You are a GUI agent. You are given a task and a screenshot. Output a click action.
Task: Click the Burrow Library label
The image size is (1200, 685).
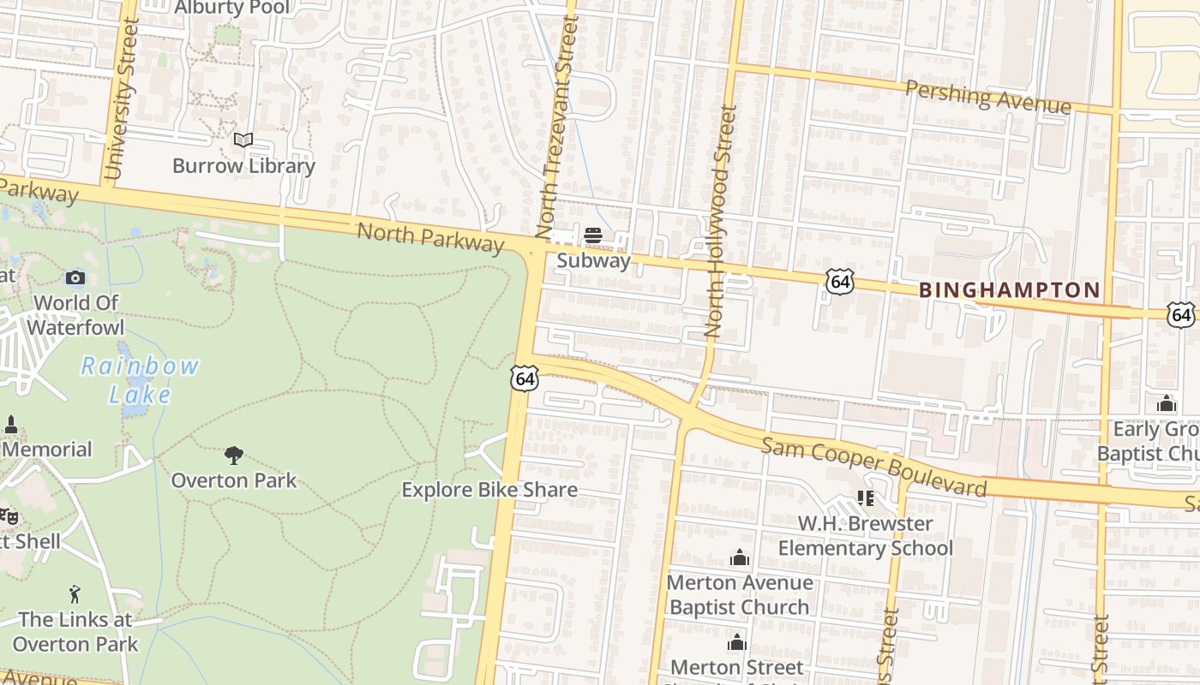click(x=243, y=166)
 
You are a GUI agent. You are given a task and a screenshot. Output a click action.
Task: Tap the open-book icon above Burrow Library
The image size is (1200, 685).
click(x=243, y=140)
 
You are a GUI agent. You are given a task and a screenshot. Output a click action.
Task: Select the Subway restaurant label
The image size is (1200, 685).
click(x=593, y=261)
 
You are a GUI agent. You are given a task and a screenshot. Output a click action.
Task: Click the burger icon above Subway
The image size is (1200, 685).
click(x=593, y=235)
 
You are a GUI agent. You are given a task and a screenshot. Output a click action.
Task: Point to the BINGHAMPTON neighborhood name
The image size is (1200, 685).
click(x=1009, y=290)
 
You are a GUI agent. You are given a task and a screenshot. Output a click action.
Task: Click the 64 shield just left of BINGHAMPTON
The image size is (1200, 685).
click(x=840, y=282)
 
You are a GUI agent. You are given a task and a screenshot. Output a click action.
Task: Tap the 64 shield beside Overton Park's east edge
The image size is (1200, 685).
click(x=525, y=378)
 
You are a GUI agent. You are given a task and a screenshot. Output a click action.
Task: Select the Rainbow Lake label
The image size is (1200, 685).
click(x=141, y=380)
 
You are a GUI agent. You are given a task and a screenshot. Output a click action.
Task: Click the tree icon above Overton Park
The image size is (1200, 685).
click(x=233, y=455)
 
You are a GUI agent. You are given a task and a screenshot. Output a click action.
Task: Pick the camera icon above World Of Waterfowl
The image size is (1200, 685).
click(x=75, y=277)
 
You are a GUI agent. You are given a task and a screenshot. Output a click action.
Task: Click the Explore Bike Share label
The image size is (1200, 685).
click(x=489, y=490)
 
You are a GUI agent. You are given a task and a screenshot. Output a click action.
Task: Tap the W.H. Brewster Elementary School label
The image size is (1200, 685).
click(x=865, y=535)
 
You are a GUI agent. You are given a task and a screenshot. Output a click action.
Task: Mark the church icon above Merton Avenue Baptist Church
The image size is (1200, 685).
click(x=739, y=558)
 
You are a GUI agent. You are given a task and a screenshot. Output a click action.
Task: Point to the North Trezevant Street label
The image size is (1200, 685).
click(x=556, y=127)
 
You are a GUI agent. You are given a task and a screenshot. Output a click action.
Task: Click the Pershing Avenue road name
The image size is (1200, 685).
click(x=988, y=97)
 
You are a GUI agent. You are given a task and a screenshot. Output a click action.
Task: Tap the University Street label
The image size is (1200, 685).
click(x=119, y=100)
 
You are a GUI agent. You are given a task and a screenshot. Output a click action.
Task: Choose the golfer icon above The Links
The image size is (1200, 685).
click(x=75, y=594)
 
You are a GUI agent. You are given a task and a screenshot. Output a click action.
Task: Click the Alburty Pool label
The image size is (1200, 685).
click(x=231, y=9)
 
